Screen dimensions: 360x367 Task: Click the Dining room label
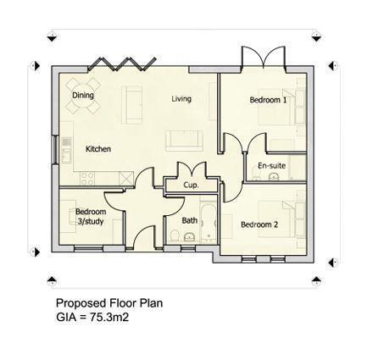pyautogui.click(x=83, y=95)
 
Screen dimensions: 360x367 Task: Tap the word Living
pyautogui.click(x=181, y=99)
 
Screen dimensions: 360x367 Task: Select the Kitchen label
pyautogui.click(x=98, y=149)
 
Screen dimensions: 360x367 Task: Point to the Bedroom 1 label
pyautogui.click(x=267, y=100)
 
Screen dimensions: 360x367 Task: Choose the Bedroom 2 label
pyautogui.click(x=259, y=224)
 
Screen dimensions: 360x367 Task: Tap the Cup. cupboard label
pyautogui.click(x=191, y=184)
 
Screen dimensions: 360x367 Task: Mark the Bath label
pyautogui.click(x=189, y=220)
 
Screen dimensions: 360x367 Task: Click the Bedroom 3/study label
pyautogui.click(x=91, y=216)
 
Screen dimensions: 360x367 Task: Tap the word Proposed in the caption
pyautogui.click(x=77, y=302)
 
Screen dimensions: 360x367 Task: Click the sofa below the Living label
pyautogui.click(x=182, y=137)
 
